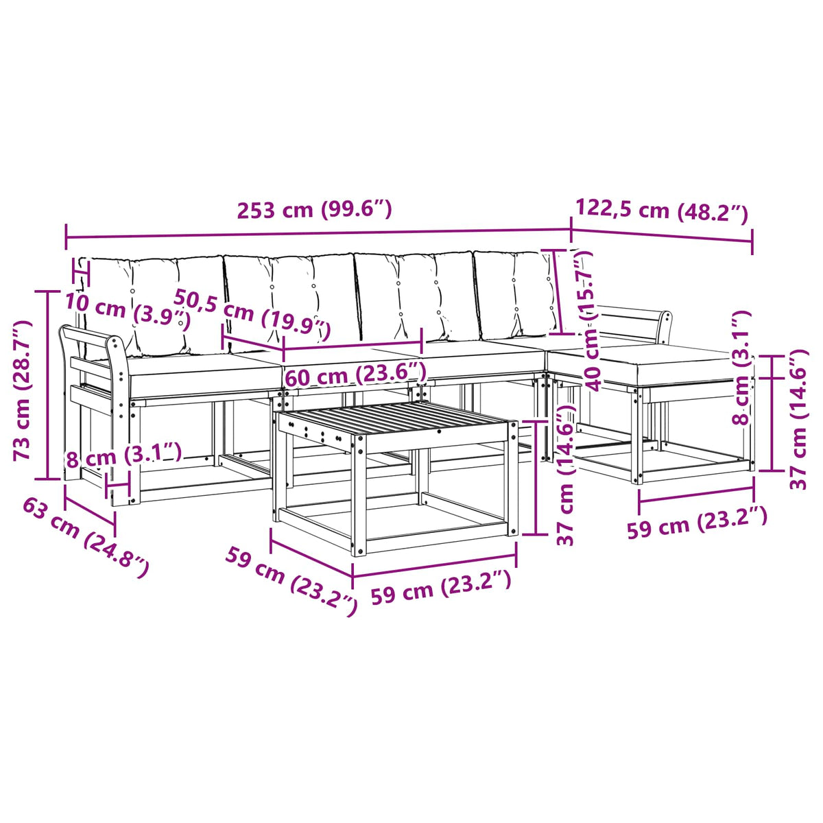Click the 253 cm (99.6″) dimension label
click(314, 209)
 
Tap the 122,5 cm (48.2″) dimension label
click(662, 211)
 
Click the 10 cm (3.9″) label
click(128, 313)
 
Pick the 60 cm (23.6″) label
click(355, 374)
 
